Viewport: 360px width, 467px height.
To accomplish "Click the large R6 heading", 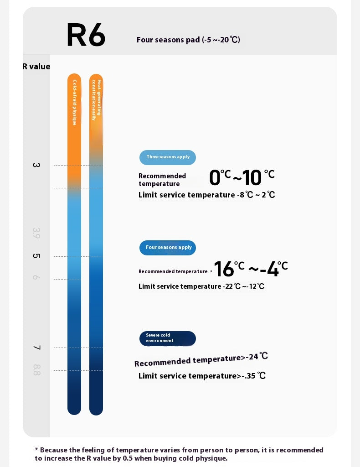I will coord(86,35).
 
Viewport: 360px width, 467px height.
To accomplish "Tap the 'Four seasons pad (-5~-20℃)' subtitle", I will coord(188,40).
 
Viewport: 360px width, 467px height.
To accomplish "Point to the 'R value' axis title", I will coord(36,67).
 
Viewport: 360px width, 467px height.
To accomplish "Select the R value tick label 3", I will coord(36,165).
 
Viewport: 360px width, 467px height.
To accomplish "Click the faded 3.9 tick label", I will coord(36,233).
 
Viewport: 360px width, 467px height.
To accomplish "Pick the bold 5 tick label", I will coord(36,256).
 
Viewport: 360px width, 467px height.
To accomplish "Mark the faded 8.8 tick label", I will coord(36,370).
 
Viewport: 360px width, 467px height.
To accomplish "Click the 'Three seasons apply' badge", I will coord(168,157).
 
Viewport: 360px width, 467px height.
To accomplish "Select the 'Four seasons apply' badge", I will coord(168,248).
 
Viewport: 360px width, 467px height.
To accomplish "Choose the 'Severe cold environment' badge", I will coord(168,338).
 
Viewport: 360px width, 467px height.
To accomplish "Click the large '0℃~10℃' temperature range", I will coord(242,178).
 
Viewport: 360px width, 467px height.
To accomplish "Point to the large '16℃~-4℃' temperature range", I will coord(251,269).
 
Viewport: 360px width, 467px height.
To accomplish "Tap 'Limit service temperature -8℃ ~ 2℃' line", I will coord(206,195).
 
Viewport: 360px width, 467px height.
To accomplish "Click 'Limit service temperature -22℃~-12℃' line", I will coord(201,286).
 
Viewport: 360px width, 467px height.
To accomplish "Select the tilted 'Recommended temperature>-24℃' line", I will coord(201,360).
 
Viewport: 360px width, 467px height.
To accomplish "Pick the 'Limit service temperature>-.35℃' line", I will coord(202,376).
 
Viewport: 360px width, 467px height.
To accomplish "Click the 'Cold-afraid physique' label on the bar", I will coord(74,103).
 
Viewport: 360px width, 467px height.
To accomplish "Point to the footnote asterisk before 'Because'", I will coord(36,450).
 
